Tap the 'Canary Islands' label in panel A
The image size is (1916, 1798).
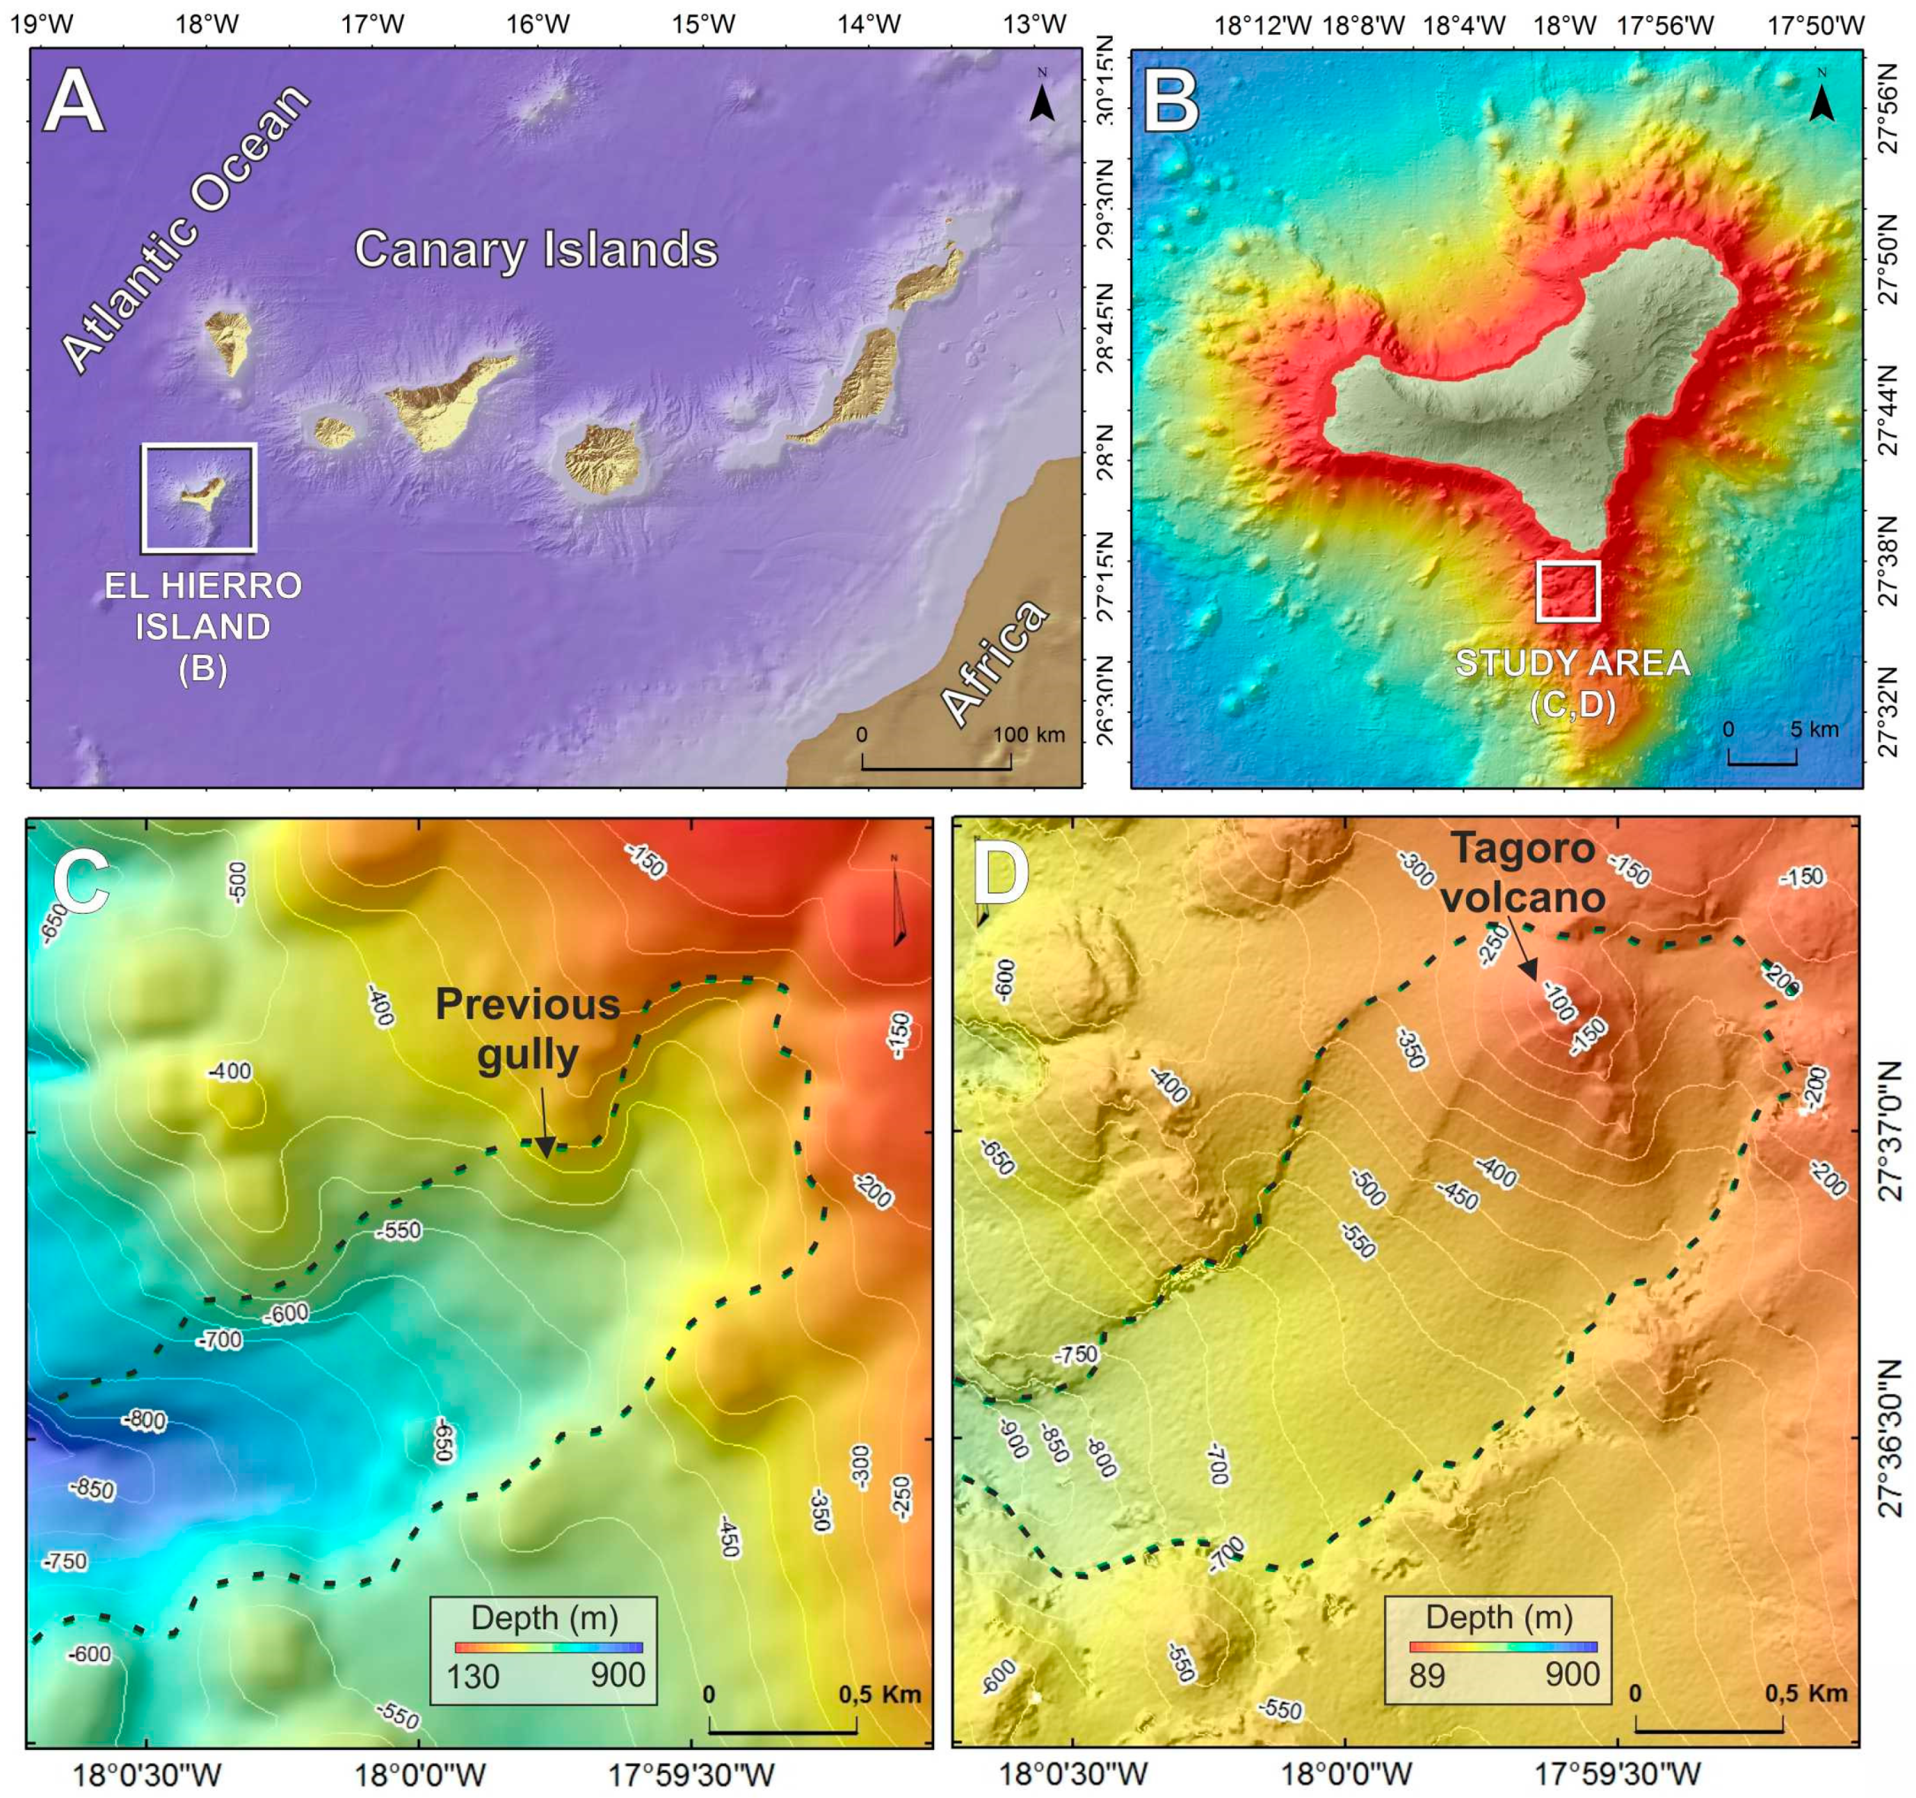(x=536, y=250)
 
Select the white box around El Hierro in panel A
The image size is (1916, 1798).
(x=199, y=498)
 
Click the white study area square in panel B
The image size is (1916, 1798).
(x=1568, y=590)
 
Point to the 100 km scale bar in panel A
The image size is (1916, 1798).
(x=936, y=768)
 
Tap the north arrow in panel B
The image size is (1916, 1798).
(x=1821, y=97)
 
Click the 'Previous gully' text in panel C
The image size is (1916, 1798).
(x=528, y=1029)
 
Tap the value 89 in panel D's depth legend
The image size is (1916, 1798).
(x=1427, y=1675)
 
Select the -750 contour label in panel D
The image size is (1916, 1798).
(x=1075, y=1354)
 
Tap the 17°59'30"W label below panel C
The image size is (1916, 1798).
(x=689, y=1772)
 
